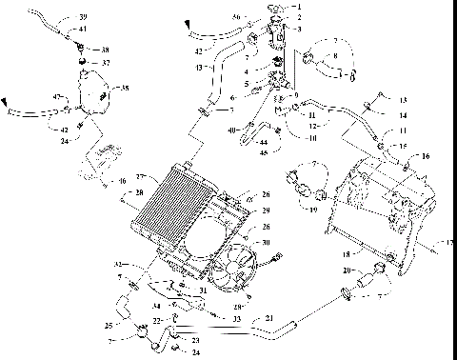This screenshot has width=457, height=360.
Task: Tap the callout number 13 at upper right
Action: coord(403,99)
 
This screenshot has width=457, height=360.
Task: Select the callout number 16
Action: coord(425,154)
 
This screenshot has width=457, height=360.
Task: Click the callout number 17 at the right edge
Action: coord(448,243)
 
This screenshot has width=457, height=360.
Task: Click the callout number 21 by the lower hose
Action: coord(269,317)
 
